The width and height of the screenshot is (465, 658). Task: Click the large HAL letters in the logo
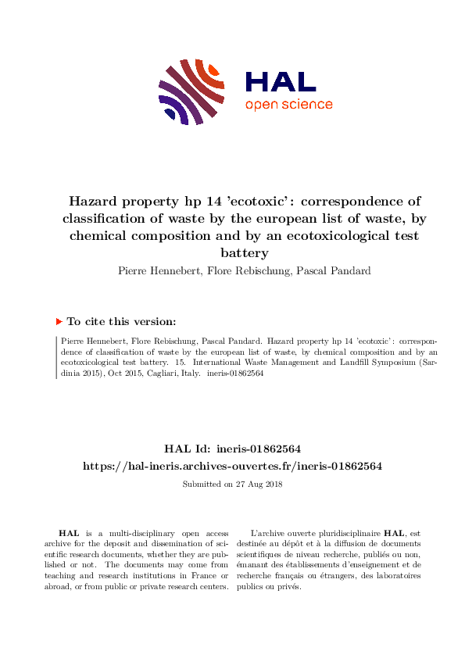click(280, 82)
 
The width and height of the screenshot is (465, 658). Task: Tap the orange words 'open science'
click(288, 105)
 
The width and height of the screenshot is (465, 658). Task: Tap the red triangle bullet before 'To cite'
click(59, 320)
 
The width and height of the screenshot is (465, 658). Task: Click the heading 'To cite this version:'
click(121, 321)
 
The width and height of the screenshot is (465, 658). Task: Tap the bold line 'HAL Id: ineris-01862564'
click(232, 449)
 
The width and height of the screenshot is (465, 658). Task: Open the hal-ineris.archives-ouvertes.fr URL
click(232, 466)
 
